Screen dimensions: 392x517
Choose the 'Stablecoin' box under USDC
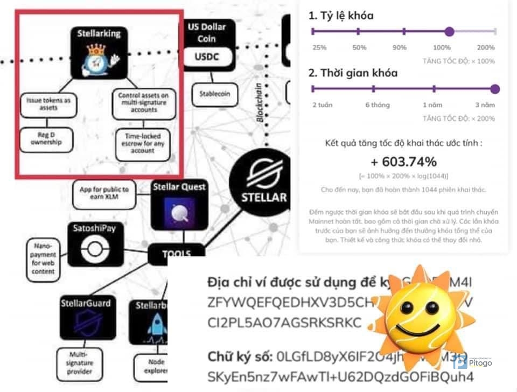(214, 94)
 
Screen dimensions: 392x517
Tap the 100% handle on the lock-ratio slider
(450, 32)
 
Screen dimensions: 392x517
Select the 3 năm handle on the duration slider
(495, 89)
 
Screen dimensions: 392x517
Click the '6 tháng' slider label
(377, 105)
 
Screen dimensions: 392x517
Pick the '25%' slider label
(320, 47)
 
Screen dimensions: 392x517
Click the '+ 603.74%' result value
(404, 162)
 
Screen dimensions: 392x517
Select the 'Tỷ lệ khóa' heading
(341, 16)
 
